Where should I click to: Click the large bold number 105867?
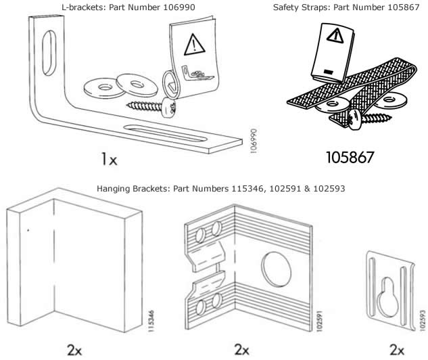tap(350, 157)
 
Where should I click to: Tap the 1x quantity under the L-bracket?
tap(109, 159)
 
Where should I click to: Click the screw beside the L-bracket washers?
tap(151, 107)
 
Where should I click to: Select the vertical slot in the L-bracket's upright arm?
tap(49, 53)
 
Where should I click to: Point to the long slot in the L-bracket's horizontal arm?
tap(165, 133)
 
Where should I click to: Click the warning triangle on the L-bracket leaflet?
tap(194, 45)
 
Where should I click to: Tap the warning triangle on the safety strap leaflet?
tap(335, 35)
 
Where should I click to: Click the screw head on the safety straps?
tap(355, 120)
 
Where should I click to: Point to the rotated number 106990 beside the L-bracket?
tap(254, 141)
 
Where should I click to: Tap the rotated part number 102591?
tap(319, 321)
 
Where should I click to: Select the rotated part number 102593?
tap(423, 320)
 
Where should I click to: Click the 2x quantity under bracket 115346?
tap(74, 350)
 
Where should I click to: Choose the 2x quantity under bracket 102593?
tap(397, 350)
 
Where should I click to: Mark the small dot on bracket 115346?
tap(28, 230)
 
